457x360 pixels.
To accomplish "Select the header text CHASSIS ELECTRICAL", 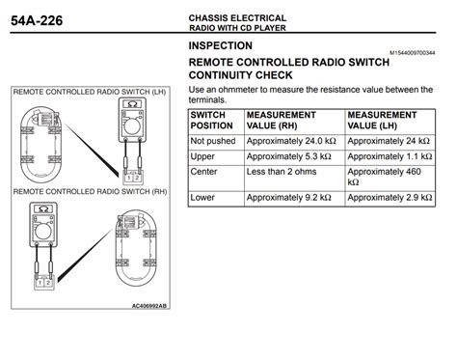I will [237, 17].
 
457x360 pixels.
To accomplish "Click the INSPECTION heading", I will [221, 46].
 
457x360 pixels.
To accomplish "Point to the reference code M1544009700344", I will [417, 52].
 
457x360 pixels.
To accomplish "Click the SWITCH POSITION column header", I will [213, 121].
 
